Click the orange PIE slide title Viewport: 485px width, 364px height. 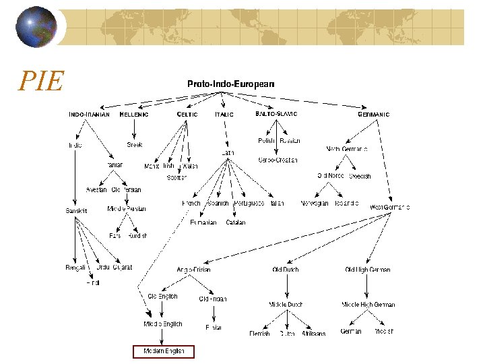[x=41, y=82]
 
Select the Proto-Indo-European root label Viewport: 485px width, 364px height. [x=230, y=84]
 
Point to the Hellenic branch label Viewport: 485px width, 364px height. [x=133, y=115]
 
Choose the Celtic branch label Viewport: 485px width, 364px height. [x=187, y=115]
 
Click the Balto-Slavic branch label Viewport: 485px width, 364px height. [x=276, y=114]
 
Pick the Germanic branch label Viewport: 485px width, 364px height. [x=373, y=115]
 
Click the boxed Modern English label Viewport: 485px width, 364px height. [x=163, y=351]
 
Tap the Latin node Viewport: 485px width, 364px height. [x=228, y=153]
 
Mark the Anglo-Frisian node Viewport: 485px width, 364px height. [x=193, y=270]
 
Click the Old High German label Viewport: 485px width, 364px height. [x=367, y=270]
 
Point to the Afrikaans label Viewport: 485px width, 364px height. [x=313, y=333]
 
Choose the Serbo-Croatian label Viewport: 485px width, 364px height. [x=278, y=160]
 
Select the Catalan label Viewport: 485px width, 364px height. [x=236, y=222]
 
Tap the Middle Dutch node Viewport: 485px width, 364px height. [x=286, y=305]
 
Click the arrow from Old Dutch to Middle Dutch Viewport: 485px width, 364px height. [x=286, y=286]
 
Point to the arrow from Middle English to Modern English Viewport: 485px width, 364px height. [x=162, y=336]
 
